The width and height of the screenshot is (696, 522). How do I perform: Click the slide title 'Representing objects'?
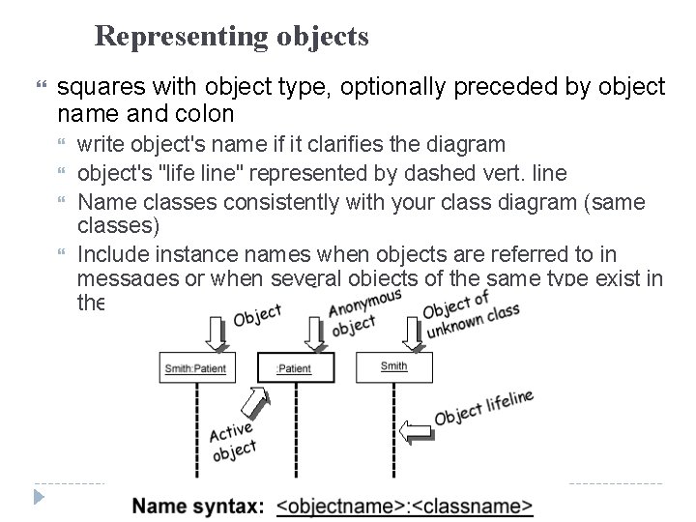(x=232, y=37)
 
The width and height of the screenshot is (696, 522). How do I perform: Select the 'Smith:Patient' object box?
(x=197, y=367)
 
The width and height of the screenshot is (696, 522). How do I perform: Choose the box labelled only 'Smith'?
(x=394, y=366)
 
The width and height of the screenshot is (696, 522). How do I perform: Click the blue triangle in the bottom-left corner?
(x=39, y=499)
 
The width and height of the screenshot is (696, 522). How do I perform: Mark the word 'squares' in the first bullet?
(x=94, y=88)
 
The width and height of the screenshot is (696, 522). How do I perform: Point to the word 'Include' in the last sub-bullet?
(x=110, y=255)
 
